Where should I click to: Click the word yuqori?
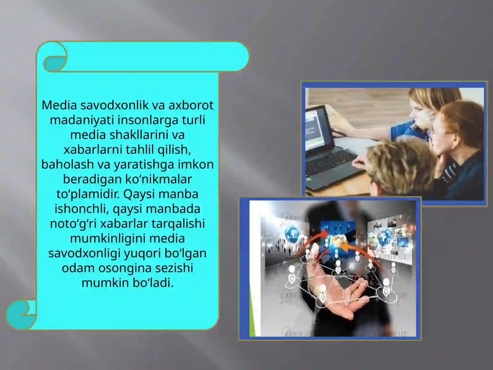(x=142, y=253)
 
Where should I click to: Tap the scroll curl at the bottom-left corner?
(x=21, y=314)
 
